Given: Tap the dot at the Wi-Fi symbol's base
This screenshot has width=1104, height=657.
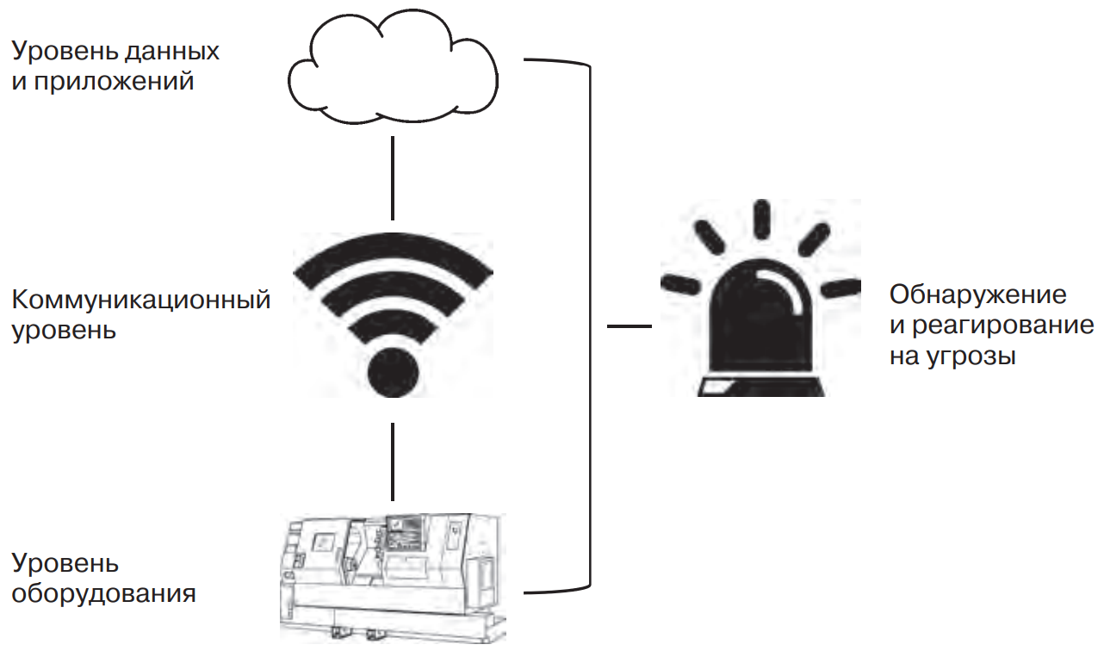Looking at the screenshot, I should click(393, 373).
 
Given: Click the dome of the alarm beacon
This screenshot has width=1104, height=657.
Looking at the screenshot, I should click(761, 319).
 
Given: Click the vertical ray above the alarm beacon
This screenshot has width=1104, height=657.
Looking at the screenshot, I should click(761, 220).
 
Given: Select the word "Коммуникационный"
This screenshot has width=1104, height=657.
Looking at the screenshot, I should click(141, 300).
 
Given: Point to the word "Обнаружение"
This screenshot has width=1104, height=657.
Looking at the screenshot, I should click(977, 295).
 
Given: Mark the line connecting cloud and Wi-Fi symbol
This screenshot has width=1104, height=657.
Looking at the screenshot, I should click(393, 177).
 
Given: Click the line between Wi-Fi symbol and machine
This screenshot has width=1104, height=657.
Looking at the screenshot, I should click(393, 461).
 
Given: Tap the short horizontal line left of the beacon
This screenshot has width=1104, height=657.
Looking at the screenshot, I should click(629, 326).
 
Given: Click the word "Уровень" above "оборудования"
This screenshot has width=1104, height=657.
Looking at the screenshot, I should click(65, 564).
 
